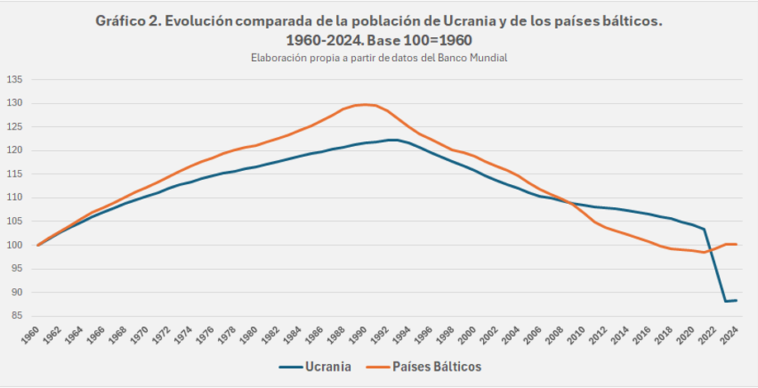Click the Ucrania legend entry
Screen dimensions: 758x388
pos(315,367)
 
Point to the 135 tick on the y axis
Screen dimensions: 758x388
pos(16,80)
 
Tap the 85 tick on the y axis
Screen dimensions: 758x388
pos(17,316)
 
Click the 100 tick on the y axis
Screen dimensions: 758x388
pos(16,245)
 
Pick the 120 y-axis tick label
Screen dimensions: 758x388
pos(16,151)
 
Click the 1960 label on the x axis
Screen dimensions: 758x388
pos(31,334)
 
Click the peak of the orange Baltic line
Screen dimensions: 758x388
pos(365,104)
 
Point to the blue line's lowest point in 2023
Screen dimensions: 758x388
pos(726,301)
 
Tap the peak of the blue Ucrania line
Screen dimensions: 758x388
pos(392,140)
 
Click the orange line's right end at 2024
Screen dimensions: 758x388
pos(737,244)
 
